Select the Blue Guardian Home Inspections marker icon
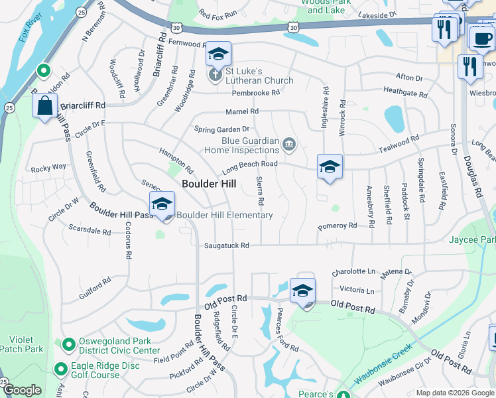[288, 144]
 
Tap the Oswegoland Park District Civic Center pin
[67, 344]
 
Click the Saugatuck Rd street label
[226, 245]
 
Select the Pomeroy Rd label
[337, 226]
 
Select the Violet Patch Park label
[21, 344]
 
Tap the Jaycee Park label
[472, 239]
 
